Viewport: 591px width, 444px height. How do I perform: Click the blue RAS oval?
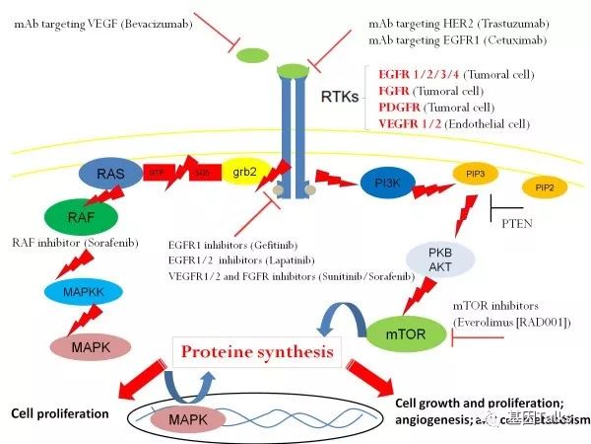point(109,175)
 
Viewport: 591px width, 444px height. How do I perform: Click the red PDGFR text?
point(402,106)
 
